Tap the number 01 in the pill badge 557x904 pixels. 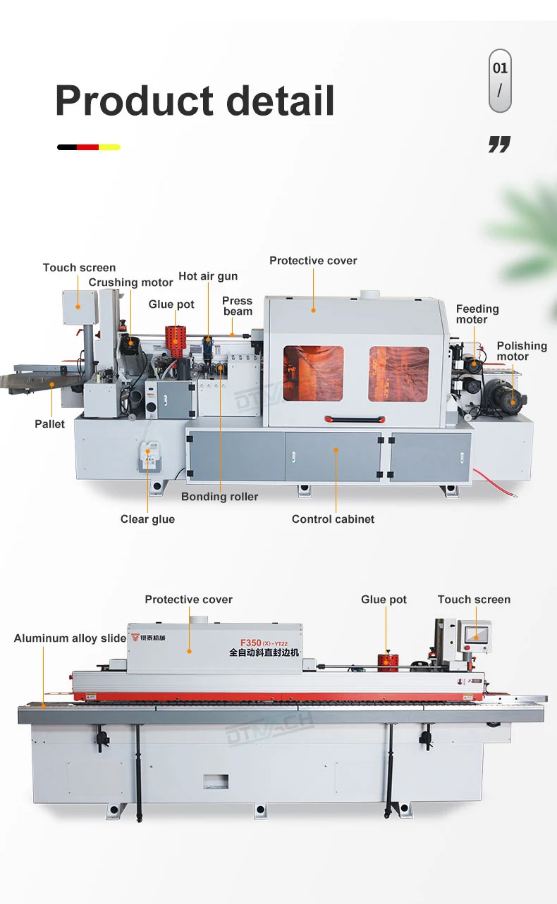500,68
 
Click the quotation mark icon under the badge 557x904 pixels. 499,145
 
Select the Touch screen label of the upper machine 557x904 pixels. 79,268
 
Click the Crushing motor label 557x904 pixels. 130,283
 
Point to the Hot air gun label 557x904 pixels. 208,276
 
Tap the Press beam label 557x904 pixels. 238,306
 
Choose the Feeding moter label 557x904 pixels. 477,314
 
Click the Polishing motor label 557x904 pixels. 521,351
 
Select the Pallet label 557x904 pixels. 49,424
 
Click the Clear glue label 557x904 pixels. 147,519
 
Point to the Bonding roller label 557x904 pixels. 219,497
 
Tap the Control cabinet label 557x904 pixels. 333,519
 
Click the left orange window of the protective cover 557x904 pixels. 313,373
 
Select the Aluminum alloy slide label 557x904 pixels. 70,638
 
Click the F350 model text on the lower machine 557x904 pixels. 250,643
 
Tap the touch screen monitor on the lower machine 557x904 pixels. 474,632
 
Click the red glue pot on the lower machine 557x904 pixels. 386,662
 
